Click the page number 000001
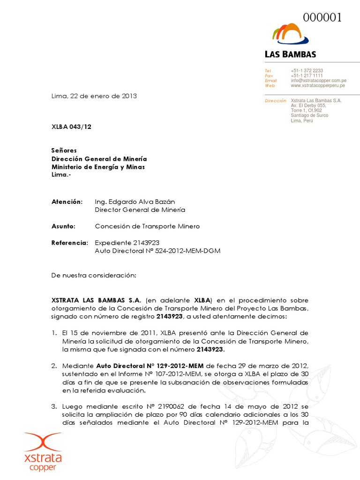pos(322,18)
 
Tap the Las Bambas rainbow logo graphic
pos(290,35)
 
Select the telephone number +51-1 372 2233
pos(307,71)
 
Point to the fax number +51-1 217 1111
pos(307,76)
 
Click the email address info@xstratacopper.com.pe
pos(318,81)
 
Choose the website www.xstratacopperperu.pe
pos(318,86)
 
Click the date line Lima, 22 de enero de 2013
pos(94,96)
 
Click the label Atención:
pos(67,202)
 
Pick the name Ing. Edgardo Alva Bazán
pos(132,202)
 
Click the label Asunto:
pos(64,226)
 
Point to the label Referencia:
pos(69,243)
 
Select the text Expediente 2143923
pos(127,243)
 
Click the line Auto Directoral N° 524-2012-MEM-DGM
pos(157,251)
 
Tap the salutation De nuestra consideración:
pos(93,276)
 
